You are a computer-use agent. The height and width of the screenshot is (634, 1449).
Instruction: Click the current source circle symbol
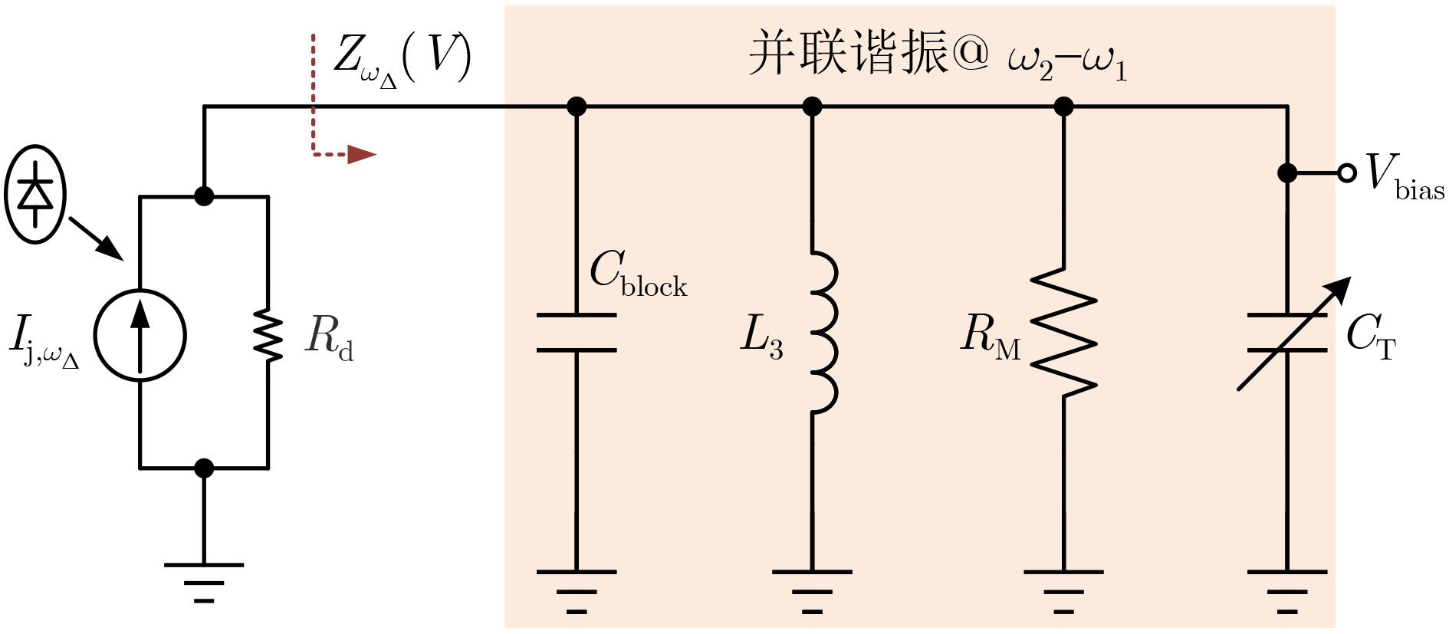[140, 335]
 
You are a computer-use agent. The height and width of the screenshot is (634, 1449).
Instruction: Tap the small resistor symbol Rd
[268, 335]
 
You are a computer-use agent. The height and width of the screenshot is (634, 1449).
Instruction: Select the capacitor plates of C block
[577, 332]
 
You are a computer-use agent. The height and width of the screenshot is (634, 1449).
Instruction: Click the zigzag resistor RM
[1063, 332]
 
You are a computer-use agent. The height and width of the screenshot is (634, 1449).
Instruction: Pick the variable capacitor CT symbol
[1288, 332]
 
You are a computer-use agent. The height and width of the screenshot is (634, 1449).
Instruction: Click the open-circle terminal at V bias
[1347, 173]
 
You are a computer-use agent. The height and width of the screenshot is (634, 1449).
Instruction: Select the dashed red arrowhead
[361, 154]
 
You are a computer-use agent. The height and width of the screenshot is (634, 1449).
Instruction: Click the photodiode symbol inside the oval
[35, 194]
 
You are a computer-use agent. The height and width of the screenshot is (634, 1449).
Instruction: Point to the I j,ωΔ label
[44, 343]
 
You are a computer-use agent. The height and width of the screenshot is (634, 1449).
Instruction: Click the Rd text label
[329, 337]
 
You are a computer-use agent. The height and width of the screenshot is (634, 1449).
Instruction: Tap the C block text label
[638, 274]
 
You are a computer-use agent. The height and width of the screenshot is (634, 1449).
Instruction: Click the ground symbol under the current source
[204, 582]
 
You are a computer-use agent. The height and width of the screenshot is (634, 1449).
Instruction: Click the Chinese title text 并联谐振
[848, 54]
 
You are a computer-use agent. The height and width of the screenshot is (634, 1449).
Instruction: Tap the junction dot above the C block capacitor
[577, 107]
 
